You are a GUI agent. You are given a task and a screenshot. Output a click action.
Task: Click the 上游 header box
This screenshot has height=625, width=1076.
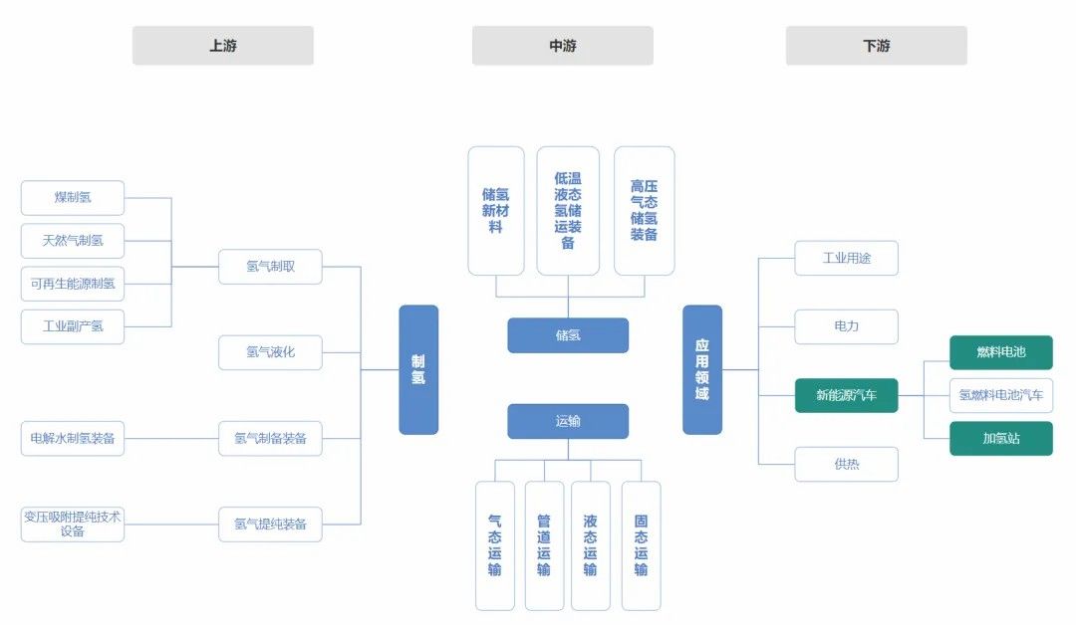[x=222, y=46]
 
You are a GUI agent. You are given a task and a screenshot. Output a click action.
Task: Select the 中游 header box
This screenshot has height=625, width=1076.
[x=562, y=46]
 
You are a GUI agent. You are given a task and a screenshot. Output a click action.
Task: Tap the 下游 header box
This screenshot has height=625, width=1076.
[x=876, y=46]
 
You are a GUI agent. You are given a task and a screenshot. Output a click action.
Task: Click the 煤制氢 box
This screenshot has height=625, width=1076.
[x=73, y=197]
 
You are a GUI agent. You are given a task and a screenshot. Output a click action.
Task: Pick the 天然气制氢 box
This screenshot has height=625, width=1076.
[x=73, y=240]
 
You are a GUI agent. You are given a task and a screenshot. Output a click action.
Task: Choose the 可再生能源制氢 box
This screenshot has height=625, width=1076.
[x=73, y=283]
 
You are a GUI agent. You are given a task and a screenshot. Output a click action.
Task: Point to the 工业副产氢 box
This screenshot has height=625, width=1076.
[x=73, y=325]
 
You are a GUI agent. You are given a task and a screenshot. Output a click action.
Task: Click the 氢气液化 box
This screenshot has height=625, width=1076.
[x=270, y=352]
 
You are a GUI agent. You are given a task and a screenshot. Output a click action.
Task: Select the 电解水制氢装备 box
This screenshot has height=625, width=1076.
[x=73, y=438]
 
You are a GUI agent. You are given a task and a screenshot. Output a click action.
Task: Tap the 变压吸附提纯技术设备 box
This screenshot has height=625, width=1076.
[x=73, y=523]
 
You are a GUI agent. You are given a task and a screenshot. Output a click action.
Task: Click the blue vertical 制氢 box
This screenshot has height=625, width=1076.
[x=418, y=369]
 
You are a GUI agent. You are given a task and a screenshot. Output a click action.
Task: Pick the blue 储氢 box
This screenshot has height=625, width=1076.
[x=568, y=335]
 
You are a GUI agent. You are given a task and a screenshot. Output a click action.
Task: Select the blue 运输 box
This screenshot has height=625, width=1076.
[x=568, y=421]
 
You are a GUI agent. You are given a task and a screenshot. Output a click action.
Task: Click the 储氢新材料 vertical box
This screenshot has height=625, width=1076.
[x=495, y=211]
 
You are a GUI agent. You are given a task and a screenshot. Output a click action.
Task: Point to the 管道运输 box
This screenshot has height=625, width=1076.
[x=544, y=545]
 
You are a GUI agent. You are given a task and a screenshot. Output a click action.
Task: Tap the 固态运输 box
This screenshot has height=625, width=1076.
[x=641, y=545]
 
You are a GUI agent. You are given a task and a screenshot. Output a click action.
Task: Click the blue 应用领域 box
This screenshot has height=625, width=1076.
[x=701, y=369]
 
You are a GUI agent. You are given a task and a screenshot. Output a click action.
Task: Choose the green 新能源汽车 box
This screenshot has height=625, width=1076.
[x=846, y=395]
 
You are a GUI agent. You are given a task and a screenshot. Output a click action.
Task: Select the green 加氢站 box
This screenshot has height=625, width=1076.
[x=1000, y=438]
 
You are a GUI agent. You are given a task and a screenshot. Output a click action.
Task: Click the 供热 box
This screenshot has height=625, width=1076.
[x=846, y=464]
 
